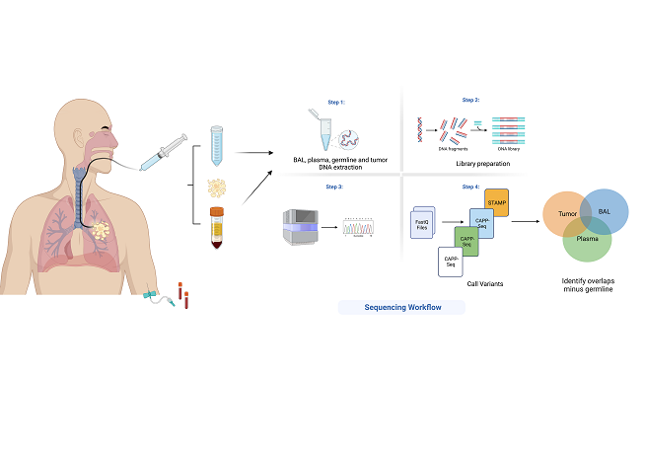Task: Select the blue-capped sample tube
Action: tap(218, 145)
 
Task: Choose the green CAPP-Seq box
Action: tap(466, 241)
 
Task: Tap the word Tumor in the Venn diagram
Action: tap(566, 212)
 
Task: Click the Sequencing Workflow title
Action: tap(400, 307)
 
